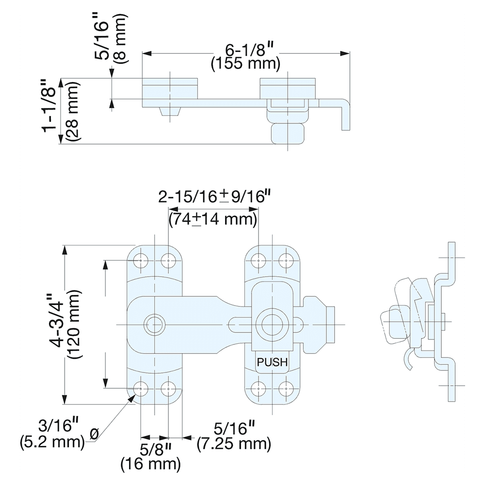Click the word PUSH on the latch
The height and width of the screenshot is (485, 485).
coord(272,362)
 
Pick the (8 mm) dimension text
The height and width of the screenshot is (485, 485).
coord(120,38)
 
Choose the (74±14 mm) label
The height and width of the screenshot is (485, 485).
coord(212,219)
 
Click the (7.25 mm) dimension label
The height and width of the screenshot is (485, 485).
coord(234,443)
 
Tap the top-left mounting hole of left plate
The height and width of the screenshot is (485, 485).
coord(142,260)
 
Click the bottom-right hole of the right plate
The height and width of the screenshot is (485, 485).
coord(287,388)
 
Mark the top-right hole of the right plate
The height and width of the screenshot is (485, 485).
coord(287,260)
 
